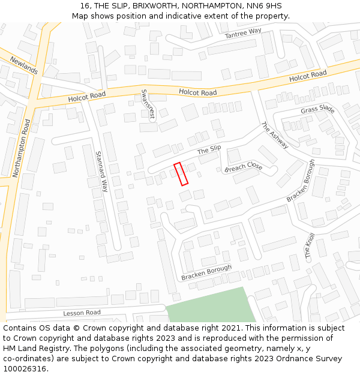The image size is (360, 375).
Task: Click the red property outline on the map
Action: click(x=181, y=173)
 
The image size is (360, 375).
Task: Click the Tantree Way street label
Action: click(x=243, y=34)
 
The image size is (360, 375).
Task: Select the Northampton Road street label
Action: click(x=22, y=148)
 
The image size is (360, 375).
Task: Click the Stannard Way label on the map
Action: click(x=102, y=171)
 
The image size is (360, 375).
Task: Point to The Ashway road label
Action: click(x=275, y=136)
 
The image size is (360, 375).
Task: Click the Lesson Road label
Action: click(x=82, y=313)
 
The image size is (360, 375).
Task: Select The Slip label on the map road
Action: click(x=209, y=149)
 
